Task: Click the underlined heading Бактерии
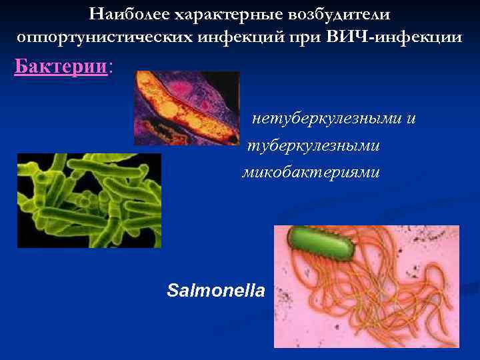[x=61, y=67]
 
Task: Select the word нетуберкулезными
[x=327, y=119]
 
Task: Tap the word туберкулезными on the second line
[x=313, y=145]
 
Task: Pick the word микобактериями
[x=311, y=172]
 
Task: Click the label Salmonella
[x=216, y=291]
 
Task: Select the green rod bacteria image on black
[x=89, y=200]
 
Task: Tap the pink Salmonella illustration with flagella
[x=366, y=286]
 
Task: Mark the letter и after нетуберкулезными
[x=411, y=119]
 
